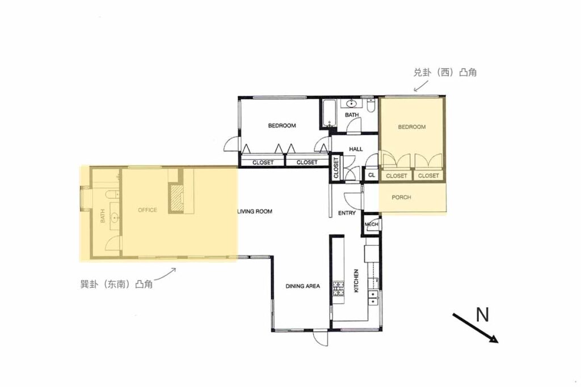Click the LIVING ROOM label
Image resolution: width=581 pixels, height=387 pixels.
[x=255, y=211]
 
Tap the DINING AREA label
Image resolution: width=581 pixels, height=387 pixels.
[x=303, y=286]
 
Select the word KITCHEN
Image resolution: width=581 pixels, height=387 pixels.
[x=356, y=281]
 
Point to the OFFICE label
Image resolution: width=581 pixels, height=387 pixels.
[x=148, y=210]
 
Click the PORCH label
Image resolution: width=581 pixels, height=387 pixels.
[x=401, y=197]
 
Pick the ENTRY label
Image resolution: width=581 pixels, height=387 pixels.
[x=347, y=212]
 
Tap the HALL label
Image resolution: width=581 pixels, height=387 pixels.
[x=356, y=149]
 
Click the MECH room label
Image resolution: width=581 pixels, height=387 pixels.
[x=371, y=224]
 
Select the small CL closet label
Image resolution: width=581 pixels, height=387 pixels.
[x=371, y=176]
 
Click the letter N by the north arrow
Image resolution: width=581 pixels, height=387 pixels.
[x=482, y=314]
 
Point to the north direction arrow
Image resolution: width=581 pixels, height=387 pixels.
[x=475, y=328]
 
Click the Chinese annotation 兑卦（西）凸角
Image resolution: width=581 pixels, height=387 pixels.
[x=445, y=72]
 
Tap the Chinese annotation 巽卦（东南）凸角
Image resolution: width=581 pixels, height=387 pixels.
[x=116, y=284]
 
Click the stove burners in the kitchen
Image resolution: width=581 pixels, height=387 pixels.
[x=338, y=288]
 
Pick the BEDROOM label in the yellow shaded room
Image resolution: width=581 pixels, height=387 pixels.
[x=412, y=126]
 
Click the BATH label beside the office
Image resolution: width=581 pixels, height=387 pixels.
[x=102, y=216]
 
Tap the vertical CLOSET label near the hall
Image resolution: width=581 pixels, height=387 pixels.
[x=336, y=168]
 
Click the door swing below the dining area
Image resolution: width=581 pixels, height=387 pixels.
[x=321, y=338]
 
